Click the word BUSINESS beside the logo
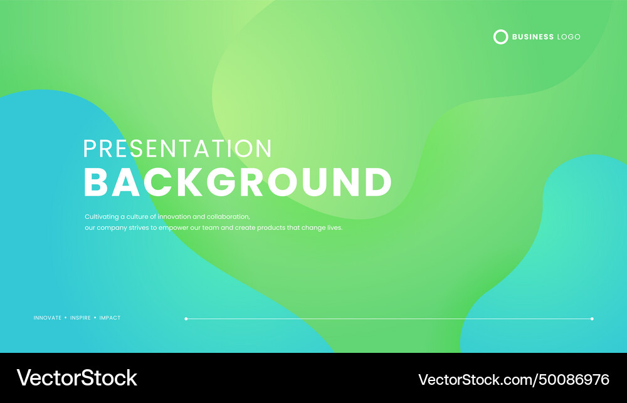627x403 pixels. point(532,37)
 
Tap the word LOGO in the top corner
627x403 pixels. point(569,37)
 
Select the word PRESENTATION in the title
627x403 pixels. point(177,149)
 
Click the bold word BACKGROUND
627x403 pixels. point(238,182)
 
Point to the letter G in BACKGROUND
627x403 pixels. point(224,182)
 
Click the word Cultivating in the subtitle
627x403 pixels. point(102,217)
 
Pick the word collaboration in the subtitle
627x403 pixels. point(228,217)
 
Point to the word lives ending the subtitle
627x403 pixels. point(334,228)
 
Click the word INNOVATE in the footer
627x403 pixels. point(48,318)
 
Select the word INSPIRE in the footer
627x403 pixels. point(80,318)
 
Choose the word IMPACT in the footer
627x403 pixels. point(110,318)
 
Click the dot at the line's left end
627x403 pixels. point(186,318)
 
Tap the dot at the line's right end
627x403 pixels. point(592,318)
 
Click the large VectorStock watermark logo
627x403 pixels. point(76,377)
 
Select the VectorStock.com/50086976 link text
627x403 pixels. point(514,379)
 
